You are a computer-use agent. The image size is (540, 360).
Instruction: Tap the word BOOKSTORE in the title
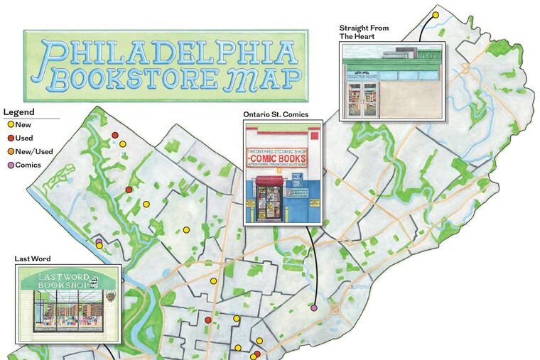point(133,78)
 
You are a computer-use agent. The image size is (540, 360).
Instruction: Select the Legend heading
point(18,112)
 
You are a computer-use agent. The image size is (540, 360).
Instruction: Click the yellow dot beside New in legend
point(10,125)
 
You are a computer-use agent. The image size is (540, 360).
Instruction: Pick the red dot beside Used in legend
point(10,138)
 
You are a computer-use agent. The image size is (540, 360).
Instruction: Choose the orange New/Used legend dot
point(10,152)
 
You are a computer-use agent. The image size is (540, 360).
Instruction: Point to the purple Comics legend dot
point(10,165)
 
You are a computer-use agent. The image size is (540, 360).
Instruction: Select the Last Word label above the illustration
point(33,259)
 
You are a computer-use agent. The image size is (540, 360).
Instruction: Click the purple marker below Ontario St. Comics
point(313,308)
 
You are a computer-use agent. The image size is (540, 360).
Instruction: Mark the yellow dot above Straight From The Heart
point(436,14)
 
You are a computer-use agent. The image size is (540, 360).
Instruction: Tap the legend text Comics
point(29,165)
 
